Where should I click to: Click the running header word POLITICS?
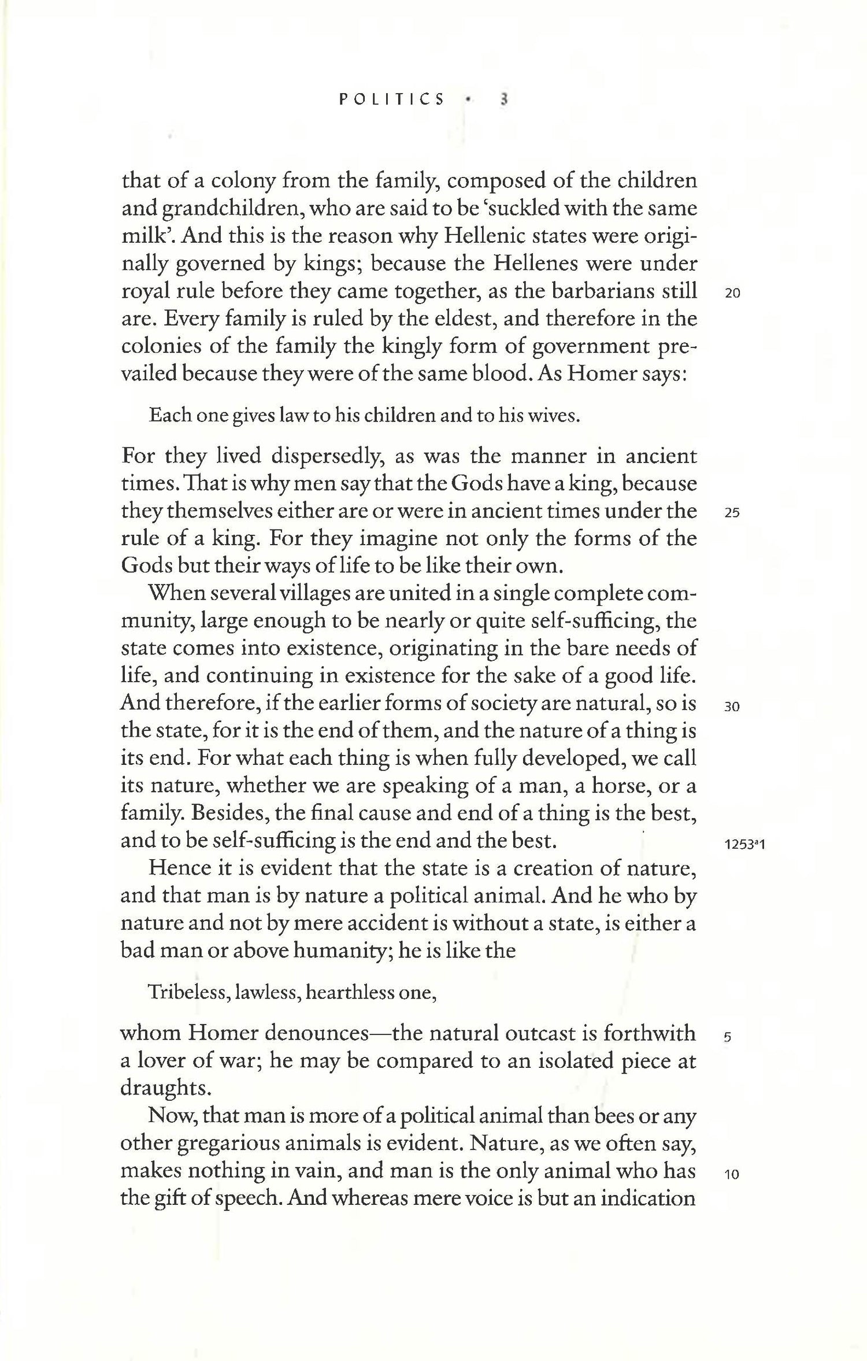[x=392, y=99]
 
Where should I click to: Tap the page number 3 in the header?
[x=504, y=99]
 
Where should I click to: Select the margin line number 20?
[x=732, y=293]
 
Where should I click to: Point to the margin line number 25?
[x=732, y=513]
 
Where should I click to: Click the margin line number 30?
[x=732, y=707]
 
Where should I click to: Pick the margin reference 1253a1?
[x=744, y=845]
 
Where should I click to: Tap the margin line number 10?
[x=732, y=1174]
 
